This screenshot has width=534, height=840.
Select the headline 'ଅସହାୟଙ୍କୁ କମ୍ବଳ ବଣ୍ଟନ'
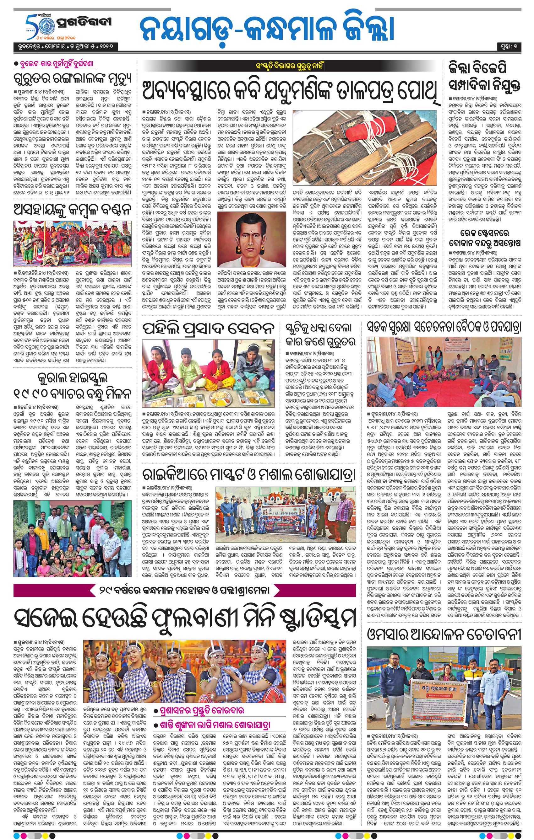(72, 210)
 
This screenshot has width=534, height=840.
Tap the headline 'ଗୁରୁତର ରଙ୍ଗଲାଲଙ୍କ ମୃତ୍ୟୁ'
(72, 78)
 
